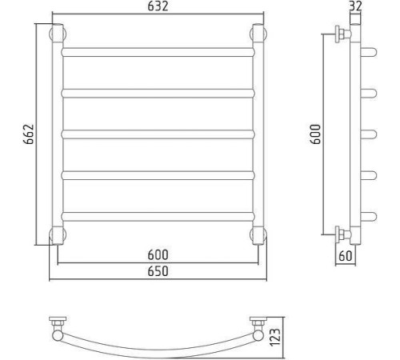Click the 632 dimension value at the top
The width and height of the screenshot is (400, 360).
coord(158,6)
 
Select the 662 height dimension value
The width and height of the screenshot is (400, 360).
coord(29,134)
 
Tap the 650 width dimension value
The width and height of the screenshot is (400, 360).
coord(158,271)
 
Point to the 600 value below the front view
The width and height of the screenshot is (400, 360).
coord(158,255)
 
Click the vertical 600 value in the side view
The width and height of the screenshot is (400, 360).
coord(315,134)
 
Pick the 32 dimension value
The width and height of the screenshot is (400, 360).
coord(355,6)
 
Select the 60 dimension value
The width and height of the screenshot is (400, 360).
coord(346,256)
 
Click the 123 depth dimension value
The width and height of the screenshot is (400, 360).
coord(275,337)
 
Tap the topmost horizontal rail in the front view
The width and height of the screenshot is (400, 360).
coord(158,52)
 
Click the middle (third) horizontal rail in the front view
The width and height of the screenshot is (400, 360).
coord(158,134)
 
